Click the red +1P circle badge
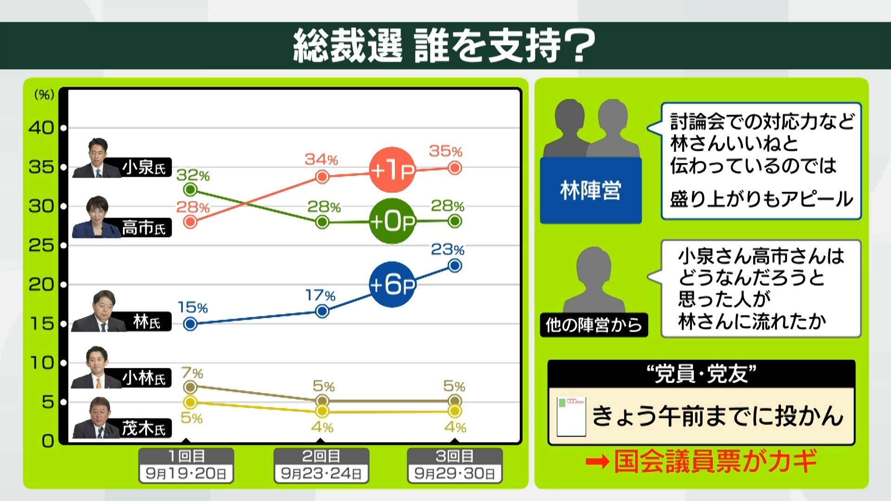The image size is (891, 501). (x=392, y=170)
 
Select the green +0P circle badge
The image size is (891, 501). (x=392, y=221)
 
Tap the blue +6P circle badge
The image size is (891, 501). (x=392, y=284)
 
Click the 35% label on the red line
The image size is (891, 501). (x=445, y=151)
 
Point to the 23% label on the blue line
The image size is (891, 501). (x=447, y=250)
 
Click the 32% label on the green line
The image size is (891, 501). (x=193, y=175)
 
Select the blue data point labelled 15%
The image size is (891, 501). (x=190, y=324)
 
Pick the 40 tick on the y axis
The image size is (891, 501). (x=41, y=128)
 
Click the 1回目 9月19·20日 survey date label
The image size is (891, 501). (x=186, y=465)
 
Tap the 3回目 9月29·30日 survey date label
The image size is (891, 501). (x=455, y=465)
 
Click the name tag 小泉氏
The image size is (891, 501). (x=143, y=167)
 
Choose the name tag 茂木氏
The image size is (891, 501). (x=143, y=428)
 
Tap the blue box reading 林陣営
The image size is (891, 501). (x=591, y=190)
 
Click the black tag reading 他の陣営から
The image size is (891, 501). (x=594, y=325)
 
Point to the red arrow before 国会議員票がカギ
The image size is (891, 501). (x=597, y=462)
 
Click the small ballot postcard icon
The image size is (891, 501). (x=571, y=416)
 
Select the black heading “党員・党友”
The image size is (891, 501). (x=701, y=374)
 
